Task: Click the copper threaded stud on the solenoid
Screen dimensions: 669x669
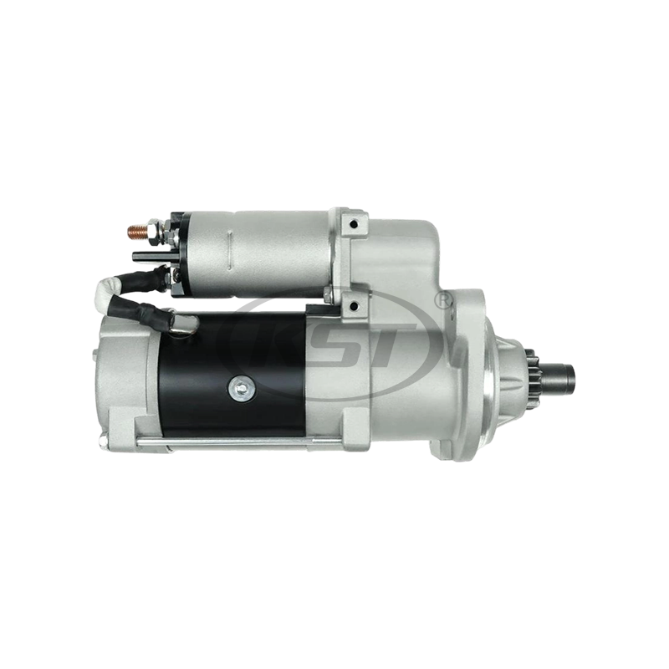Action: coord(135,227)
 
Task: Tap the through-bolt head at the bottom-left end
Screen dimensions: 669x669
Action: coord(104,440)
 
